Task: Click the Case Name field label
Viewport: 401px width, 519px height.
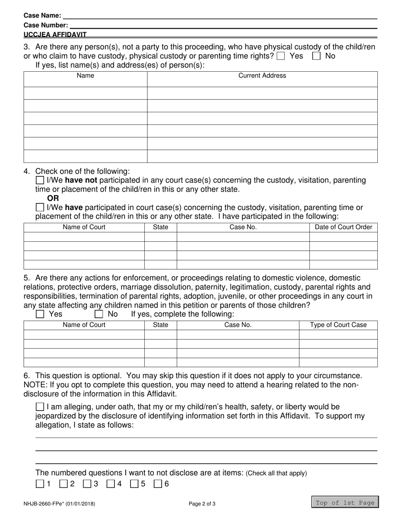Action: [42, 16]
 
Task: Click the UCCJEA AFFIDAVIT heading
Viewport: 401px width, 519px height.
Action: [55, 35]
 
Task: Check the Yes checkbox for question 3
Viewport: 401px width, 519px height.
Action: [281, 56]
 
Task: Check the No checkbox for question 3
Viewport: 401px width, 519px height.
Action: [316, 56]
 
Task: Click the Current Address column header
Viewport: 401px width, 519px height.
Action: [262, 76]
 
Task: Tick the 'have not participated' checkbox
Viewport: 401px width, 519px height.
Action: [40, 181]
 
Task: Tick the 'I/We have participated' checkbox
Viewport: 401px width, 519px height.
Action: [40, 208]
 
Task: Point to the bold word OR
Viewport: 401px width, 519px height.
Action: [53, 198]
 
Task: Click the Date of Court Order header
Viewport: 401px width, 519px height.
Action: [343, 227]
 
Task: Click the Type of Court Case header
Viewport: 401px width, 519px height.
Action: [338, 325]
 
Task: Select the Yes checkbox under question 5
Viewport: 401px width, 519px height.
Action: [40, 314]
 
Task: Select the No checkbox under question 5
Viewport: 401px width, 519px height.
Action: [99, 314]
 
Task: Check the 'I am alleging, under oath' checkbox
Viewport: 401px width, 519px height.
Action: [40, 407]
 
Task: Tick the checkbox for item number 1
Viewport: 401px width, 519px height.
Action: [40, 484]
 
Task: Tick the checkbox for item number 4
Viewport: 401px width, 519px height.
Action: [111, 484]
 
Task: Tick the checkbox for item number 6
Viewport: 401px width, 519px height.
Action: [158, 484]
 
